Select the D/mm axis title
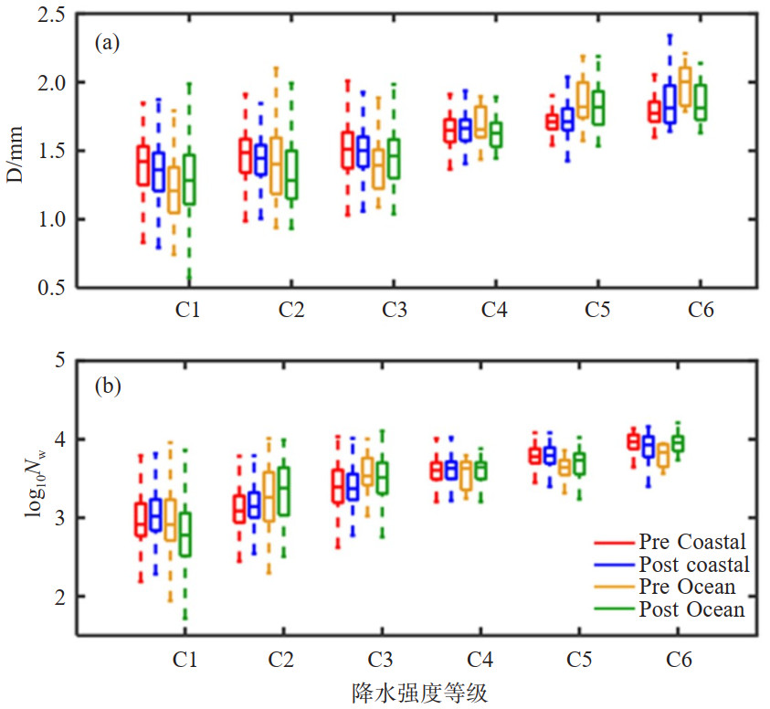[16, 152]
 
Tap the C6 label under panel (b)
[678, 658]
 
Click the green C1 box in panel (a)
[189, 179]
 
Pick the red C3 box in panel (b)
[338, 486]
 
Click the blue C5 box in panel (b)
[550, 454]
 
